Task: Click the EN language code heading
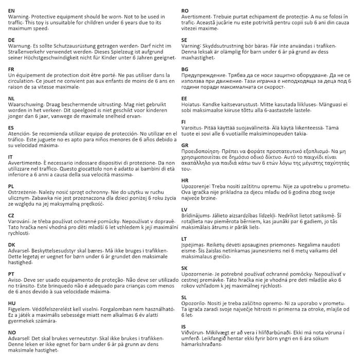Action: pyautogui.click(x=12, y=10)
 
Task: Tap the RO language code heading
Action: pyautogui.click(x=185, y=10)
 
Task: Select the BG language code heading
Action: pyautogui.click(x=185, y=68)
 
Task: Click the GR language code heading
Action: pyautogui.click(x=185, y=146)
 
